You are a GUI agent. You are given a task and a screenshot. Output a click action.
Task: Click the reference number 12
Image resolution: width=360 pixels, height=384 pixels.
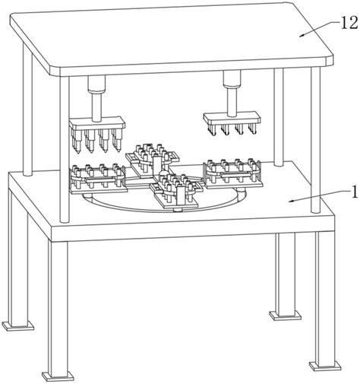tap(349, 24)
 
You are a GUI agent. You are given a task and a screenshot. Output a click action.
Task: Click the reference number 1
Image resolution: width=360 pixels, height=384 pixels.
tap(355, 192)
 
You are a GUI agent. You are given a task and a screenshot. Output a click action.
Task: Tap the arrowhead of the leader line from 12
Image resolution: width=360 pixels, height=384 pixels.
tap(302, 36)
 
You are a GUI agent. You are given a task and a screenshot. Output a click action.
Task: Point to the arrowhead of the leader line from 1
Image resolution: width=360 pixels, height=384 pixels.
tap(292, 201)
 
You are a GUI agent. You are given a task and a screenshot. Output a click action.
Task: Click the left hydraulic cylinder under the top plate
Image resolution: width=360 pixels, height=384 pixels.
tap(96, 84)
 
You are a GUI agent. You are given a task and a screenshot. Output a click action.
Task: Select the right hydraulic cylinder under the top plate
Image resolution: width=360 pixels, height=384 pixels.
tap(232, 79)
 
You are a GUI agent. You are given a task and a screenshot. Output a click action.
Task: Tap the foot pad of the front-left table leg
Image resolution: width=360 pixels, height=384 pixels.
tap(58, 376)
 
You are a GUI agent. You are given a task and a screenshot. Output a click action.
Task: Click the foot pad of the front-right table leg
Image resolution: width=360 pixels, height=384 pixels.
tap(325, 366)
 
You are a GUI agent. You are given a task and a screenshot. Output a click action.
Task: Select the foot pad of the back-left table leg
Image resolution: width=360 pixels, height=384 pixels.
tap(18, 325)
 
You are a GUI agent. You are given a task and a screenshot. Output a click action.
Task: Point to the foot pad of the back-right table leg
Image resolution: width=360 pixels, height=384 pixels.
tap(286, 316)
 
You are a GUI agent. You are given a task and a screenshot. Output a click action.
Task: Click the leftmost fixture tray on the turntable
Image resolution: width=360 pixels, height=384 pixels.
tap(98, 179)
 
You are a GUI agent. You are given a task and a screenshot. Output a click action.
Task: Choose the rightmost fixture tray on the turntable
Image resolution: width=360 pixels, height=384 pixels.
tap(233, 173)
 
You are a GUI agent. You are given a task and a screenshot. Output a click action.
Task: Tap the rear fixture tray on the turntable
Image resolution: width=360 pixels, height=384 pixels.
tap(152, 158)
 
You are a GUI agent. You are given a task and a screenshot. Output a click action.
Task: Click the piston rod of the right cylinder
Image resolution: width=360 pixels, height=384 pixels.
tap(232, 101)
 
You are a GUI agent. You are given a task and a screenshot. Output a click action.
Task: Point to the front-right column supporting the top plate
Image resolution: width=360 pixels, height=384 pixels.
tap(316, 140)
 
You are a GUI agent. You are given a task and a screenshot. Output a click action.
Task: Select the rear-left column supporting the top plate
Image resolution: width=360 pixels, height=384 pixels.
tap(27, 109)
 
